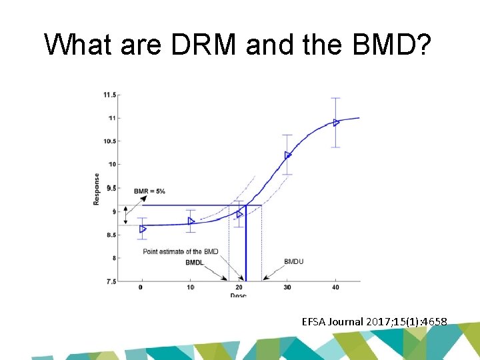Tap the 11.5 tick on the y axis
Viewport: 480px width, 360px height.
coord(109,95)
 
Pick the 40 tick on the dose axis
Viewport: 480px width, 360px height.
coord(335,287)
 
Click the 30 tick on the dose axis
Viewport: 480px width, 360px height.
coord(287,287)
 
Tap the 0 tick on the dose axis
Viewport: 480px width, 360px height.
coord(141,287)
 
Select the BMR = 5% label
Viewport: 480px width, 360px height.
coord(149,191)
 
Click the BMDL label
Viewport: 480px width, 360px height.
coord(195,263)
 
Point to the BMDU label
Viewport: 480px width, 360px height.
coord(293,261)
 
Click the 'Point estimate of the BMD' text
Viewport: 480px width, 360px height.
coord(181,251)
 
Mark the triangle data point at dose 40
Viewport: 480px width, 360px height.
coord(337,122)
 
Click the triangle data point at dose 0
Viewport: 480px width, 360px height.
coord(142,229)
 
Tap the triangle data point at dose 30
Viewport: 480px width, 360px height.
coord(288,155)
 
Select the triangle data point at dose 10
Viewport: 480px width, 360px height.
coord(191,221)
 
